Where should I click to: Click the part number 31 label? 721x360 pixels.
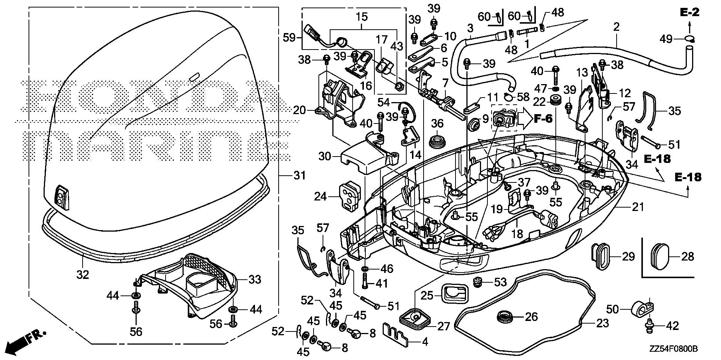click(299, 175)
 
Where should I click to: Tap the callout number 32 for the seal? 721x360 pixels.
click(83, 274)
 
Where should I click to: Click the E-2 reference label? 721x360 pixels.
click(689, 13)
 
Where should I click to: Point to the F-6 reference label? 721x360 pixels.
click(543, 119)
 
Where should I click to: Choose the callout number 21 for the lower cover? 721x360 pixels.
click(638, 206)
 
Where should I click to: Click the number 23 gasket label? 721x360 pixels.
click(602, 323)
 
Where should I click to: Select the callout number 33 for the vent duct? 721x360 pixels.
click(255, 280)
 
